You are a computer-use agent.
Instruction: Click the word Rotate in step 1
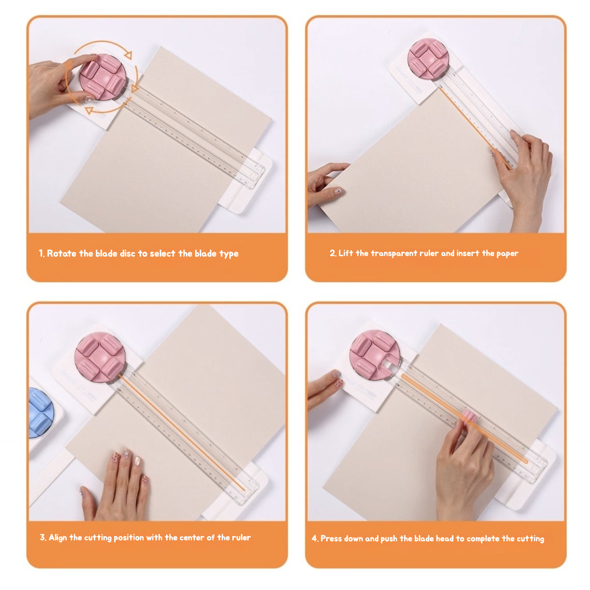point(62,254)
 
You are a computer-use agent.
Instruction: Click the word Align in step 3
point(58,538)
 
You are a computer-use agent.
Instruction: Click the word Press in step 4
point(331,539)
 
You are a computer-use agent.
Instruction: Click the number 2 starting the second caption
point(332,253)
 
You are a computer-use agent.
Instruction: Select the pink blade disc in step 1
point(102,76)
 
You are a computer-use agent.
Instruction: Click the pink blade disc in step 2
point(428,59)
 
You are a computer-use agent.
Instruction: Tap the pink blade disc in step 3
point(100,357)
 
